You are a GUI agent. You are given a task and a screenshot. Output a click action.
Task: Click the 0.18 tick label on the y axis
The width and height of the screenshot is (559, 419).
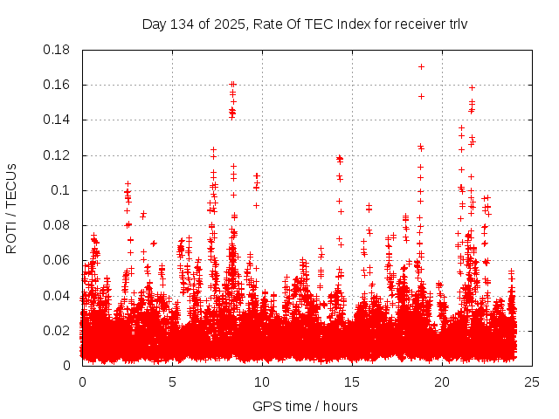click(58, 50)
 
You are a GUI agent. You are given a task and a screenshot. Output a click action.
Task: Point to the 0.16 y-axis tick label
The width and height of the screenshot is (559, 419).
click(58, 85)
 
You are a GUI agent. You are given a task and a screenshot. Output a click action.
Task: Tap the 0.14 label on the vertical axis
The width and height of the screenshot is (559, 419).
click(58, 120)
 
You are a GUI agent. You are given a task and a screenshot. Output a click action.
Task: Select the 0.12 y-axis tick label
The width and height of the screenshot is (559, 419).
click(58, 155)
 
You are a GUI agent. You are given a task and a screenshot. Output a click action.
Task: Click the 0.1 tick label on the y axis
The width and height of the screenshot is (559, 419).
click(61, 190)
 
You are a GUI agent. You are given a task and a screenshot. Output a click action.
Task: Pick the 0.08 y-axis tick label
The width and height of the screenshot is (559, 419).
click(58, 225)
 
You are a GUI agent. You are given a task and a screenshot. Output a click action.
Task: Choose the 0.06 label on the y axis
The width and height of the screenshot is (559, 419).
click(58, 260)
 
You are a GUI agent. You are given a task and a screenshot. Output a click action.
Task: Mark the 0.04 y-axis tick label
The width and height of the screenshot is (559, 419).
click(58, 295)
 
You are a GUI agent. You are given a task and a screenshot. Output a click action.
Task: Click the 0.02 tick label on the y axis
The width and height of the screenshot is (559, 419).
click(58, 330)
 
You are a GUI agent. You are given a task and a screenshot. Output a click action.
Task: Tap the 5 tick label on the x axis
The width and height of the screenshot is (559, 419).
click(172, 381)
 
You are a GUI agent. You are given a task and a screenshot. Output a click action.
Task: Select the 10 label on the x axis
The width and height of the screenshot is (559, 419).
click(262, 381)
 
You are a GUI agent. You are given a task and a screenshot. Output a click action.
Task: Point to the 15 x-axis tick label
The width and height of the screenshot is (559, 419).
click(352, 381)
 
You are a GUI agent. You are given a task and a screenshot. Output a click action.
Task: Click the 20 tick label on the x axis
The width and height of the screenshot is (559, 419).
click(442, 381)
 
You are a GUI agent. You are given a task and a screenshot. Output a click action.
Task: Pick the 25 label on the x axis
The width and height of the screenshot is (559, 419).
click(532, 381)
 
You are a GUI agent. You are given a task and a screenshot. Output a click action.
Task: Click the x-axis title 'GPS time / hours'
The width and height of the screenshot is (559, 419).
click(305, 406)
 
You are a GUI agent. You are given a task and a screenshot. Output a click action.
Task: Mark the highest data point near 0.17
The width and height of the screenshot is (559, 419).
click(421, 66)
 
